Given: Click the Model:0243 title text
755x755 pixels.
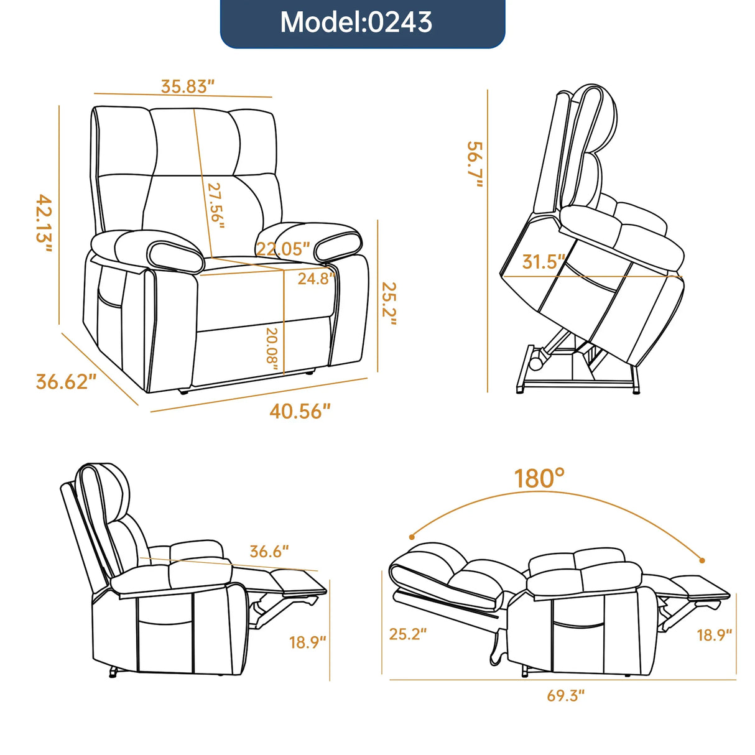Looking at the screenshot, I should coord(356,22).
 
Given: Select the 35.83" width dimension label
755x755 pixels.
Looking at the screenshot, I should coord(187,86).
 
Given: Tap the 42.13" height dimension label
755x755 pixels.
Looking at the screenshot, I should coord(44,223).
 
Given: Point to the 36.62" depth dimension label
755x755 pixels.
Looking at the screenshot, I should coord(66,381).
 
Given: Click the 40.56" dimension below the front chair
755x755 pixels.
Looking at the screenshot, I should coord(300,411).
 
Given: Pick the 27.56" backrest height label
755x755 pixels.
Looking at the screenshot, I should coord(215,205).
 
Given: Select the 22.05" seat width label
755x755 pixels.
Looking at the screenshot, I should coord(283,249).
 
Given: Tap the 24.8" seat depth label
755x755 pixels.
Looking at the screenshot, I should coord(316,279).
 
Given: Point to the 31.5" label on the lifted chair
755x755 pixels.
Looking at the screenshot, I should coord(544,262).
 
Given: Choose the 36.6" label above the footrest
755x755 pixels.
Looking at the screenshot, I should coord(269,551).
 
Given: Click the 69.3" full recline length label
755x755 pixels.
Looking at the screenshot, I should coord(566,695).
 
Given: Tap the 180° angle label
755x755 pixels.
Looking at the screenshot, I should coord(539,479).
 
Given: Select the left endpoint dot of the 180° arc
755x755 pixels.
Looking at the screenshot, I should coord(412,536).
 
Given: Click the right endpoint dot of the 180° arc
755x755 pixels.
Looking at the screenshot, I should coord(703,560).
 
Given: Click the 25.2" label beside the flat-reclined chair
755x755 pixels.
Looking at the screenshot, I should coord(408,634).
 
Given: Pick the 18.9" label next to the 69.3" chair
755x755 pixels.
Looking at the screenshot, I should coord(714,635).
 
